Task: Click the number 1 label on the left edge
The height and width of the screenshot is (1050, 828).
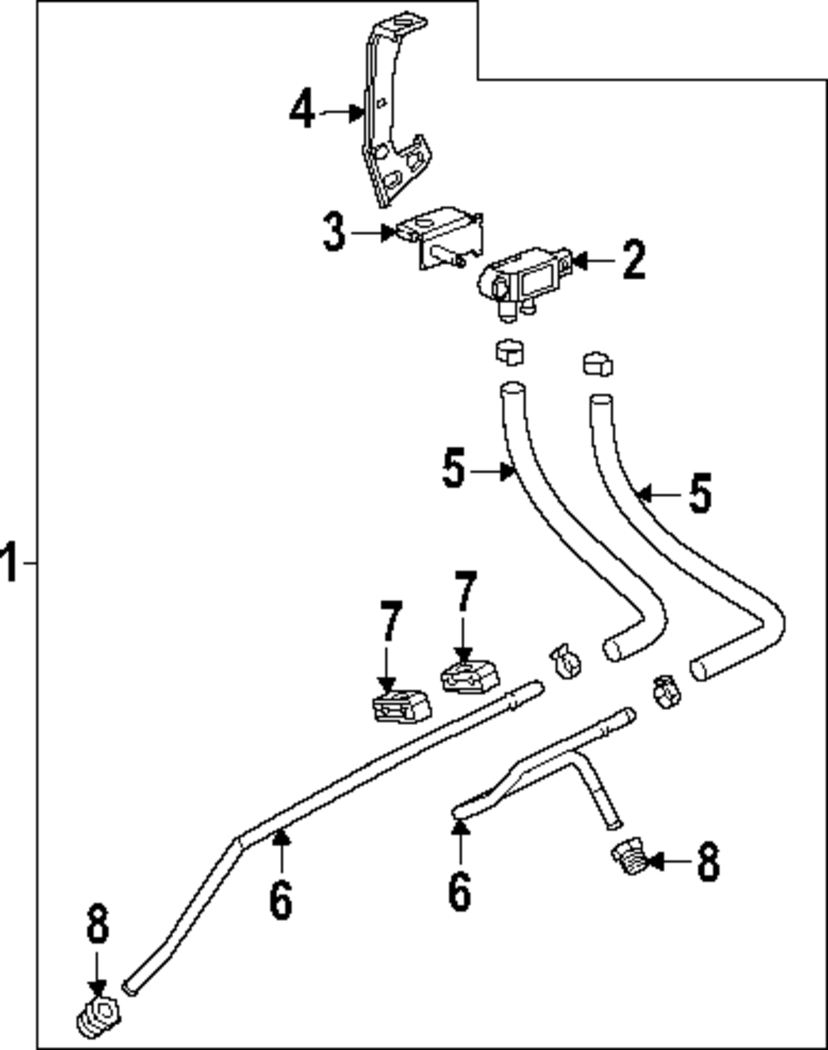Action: [9, 563]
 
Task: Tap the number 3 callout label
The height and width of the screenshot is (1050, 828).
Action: [334, 232]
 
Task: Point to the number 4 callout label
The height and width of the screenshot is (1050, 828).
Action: [302, 110]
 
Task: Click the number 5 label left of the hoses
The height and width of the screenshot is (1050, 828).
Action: [455, 471]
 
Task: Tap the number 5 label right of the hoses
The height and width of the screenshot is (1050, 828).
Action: [700, 495]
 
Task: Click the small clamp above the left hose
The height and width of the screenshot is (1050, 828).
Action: [511, 353]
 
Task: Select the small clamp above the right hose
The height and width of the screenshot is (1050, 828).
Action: [597, 365]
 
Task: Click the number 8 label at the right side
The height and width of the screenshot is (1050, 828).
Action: [707, 862]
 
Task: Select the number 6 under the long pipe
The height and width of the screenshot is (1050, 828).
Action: [281, 899]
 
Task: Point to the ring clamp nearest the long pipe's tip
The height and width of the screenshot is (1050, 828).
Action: [566, 660]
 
